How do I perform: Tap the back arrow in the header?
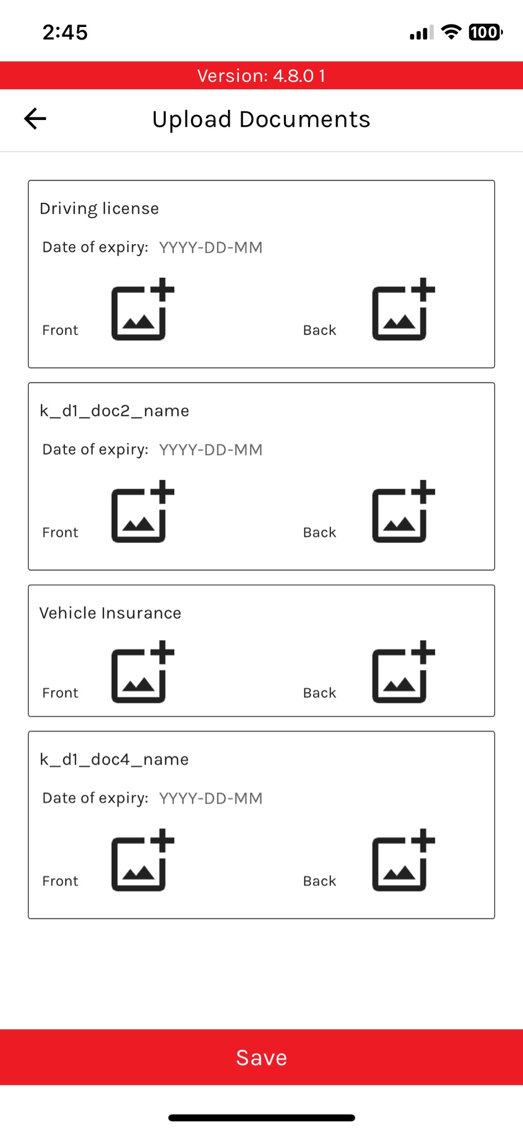[x=35, y=119]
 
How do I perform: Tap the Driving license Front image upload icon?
[x=142, y=309]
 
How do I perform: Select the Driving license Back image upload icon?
[x=403, y=309]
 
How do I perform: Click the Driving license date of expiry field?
[x=210, y=248]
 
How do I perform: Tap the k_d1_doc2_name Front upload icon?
[x=142, y=511]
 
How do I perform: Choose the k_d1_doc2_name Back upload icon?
[x=403, y=511]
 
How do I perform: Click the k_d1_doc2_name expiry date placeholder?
[x=210, y=450]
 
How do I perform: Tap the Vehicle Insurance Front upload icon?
[x=142, y=672]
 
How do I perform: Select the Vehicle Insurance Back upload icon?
[x=403, y=672]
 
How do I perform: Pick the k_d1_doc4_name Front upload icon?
[x=142, y=860]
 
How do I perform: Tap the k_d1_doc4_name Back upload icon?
[x=403, y=860]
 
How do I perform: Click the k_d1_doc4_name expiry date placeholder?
[x=210, y=798]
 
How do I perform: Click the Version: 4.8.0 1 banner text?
[x=261, y=76]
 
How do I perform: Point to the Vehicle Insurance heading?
[x=110, y=613]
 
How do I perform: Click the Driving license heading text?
[x=99, y=209]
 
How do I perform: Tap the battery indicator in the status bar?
[x=486, y=32]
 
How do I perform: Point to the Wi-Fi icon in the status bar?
[x=451, y=32]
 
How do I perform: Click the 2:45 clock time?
[x=65, y=32]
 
